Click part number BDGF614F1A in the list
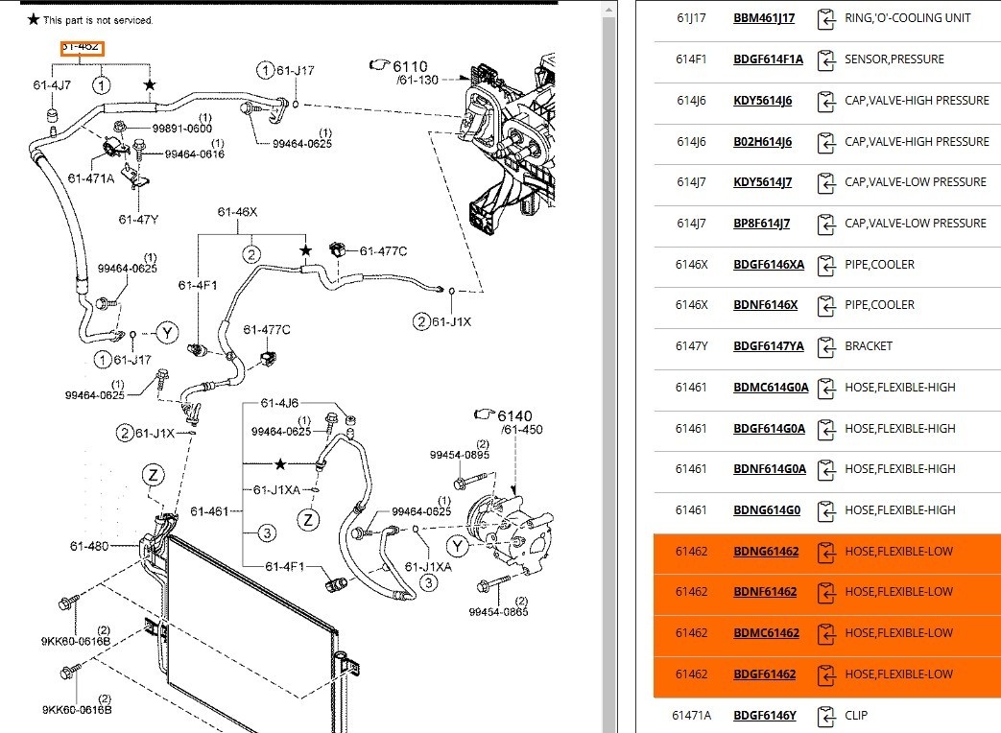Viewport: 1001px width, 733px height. click(x=768, y=59)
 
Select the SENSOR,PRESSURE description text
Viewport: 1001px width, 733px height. click(x=894, y=59)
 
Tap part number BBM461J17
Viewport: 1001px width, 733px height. click(x=764, y=18)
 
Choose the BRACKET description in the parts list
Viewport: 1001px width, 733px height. click(x=868, y=346)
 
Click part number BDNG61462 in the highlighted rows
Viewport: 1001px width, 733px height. click(x=766, y=552)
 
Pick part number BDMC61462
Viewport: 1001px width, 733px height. click(x=766, y=633)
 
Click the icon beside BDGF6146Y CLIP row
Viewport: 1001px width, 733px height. click(x=824, y=716)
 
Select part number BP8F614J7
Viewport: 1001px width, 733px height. click(x=762, y=224)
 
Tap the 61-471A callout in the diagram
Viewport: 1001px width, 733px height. click(x=91, y=177)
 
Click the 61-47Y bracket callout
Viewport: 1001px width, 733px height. click(x=138, y=219)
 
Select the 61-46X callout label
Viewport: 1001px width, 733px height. click(x=237, y=212)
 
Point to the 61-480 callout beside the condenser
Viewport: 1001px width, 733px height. click(x=90, y=546)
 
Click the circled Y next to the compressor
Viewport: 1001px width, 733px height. click(x=458, y=546)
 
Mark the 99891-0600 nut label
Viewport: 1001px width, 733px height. click(x=181, y=129)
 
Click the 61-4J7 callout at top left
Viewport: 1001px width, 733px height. click(x=52, y=85)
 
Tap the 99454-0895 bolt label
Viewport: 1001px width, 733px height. click(x=459, y=455)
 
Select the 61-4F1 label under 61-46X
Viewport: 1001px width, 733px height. click(x=198, y=285)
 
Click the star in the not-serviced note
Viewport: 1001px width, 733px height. click(x=35, y=19)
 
